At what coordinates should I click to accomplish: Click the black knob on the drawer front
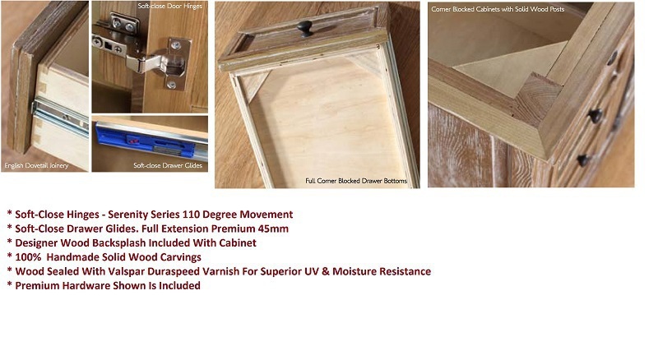click(305, 29)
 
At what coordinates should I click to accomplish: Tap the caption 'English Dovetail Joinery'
click(36, 166)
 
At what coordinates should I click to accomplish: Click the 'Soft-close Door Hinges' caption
click(170, 7)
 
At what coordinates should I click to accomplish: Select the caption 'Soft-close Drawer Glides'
click(168, 166)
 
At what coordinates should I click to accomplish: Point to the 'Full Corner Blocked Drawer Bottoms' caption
click(356, 181)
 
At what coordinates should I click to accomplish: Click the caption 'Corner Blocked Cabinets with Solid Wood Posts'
click(498, 9)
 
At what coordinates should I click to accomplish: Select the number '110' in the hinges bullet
click(191, 215)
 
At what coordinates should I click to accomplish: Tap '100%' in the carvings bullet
click(28, 257)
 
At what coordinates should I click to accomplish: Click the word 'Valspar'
click(124, 271)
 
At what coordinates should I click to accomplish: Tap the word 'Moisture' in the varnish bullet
click(354, 271)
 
